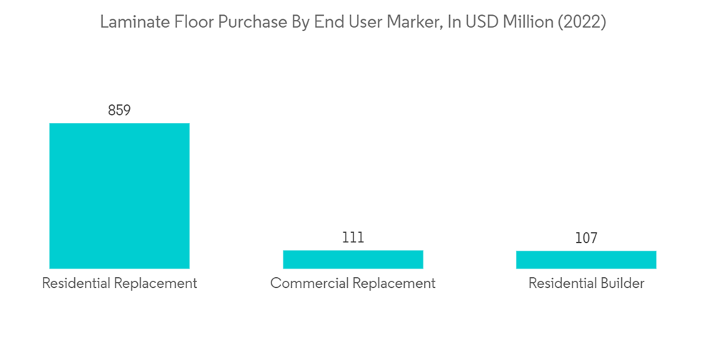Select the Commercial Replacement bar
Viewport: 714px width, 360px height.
point(353,259)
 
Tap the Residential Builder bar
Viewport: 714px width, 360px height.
point(586,260)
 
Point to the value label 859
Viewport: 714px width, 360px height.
point(119,111)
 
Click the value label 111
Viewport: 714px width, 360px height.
point(353,238)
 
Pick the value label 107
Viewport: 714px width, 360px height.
point(586,239)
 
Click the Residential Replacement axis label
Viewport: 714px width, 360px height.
point(119,284)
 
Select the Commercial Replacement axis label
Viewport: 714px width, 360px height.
point(353,284)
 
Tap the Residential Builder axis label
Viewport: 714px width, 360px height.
point(586,284)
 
